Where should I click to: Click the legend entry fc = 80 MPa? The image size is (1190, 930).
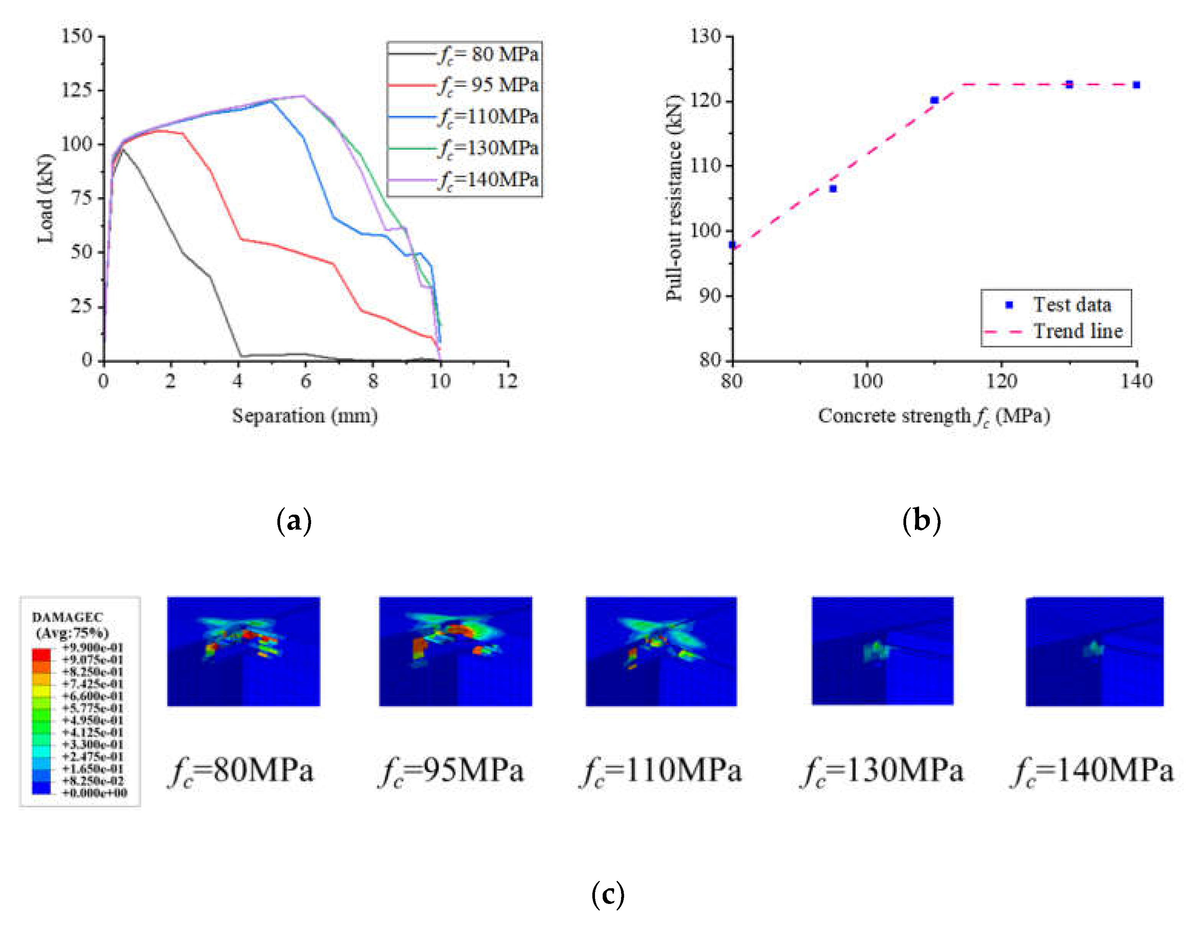click(488, 54)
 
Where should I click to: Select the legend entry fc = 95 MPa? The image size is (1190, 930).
click(488, 85)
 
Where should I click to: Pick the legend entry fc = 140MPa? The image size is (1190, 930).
click(488, 180)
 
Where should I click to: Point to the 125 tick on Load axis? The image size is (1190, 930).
click(76, 90)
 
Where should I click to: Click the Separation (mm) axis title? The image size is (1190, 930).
click(305, 416)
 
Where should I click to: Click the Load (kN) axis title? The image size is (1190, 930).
click(46, 198)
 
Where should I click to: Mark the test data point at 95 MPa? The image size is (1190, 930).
click(833, 189)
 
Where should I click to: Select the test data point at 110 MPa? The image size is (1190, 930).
click(934, 100)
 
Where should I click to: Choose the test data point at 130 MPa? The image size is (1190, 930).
click(1069, 84)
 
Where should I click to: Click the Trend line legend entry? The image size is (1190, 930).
click(1078, 331)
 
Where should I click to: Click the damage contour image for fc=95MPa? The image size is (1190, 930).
click(456, 651)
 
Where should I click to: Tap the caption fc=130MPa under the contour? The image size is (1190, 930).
click(882, 771)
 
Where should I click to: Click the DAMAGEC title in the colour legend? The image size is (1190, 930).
click(67, 617)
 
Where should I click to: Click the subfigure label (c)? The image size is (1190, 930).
click(608, 895)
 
